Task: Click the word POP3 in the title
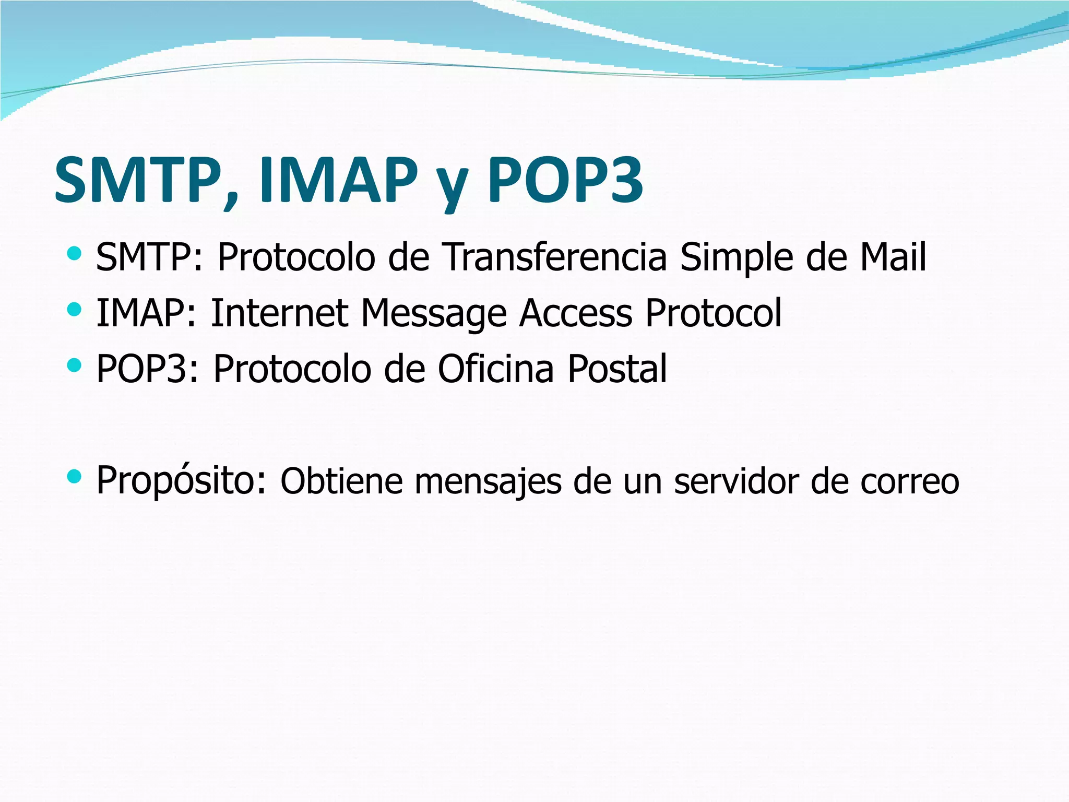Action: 565,180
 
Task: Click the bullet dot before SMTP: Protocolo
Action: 75,254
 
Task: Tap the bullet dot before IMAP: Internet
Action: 75,310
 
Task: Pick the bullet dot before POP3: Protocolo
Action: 75,365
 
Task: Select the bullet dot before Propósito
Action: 75,477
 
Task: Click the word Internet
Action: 279,313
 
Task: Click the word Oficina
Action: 495,368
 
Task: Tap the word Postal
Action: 617,368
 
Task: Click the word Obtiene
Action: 342,481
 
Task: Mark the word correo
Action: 910,482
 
